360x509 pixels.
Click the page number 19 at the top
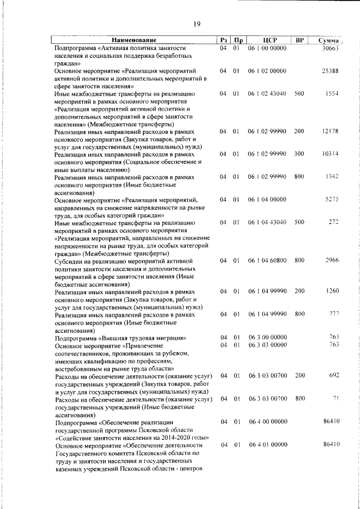(197, 24)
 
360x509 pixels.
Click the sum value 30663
(329, 49)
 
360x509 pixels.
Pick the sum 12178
(329, 131)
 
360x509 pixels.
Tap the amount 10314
(329, 154)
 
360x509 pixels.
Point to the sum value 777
(333, 313)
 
